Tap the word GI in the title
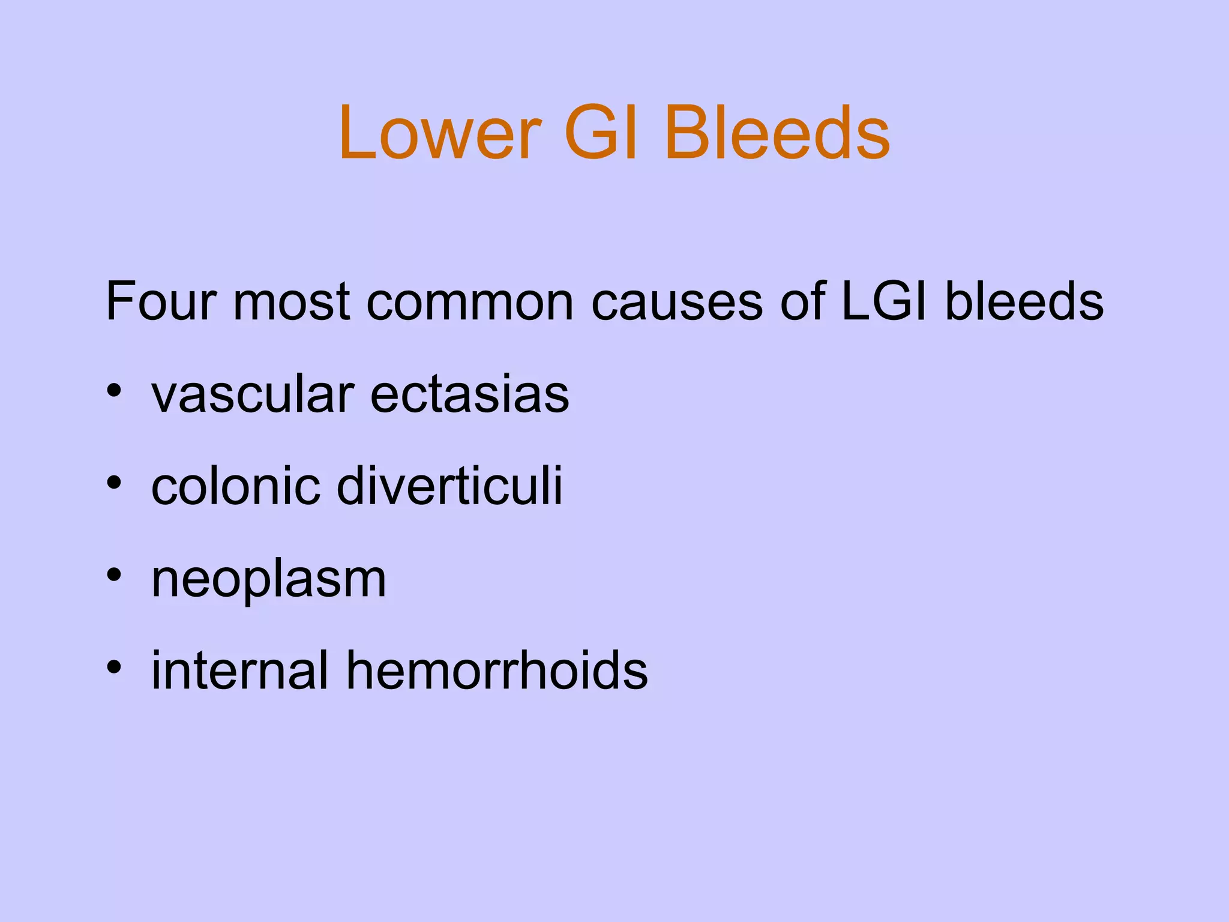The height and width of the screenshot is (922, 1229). click(x=600, y=133)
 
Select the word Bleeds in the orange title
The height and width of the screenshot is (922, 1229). click(x=777, y=133)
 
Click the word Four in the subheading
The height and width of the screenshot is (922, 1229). click(x=160, y=301)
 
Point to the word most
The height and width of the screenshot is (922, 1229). click(x=291, y=301)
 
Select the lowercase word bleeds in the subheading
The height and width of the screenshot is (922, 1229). click(x=1024, y=301)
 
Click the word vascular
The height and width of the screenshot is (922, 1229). click(x=253, y=396)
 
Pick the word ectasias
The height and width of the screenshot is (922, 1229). click(x=469, y=396)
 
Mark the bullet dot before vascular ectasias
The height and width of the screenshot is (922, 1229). click(x=114, y=391)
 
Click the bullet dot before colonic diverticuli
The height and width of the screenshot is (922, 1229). click(x=114, y=482)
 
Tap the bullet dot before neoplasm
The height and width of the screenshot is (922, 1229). click(x=114, y=574)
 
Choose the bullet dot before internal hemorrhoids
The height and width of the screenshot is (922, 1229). click(x=114, y=666)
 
